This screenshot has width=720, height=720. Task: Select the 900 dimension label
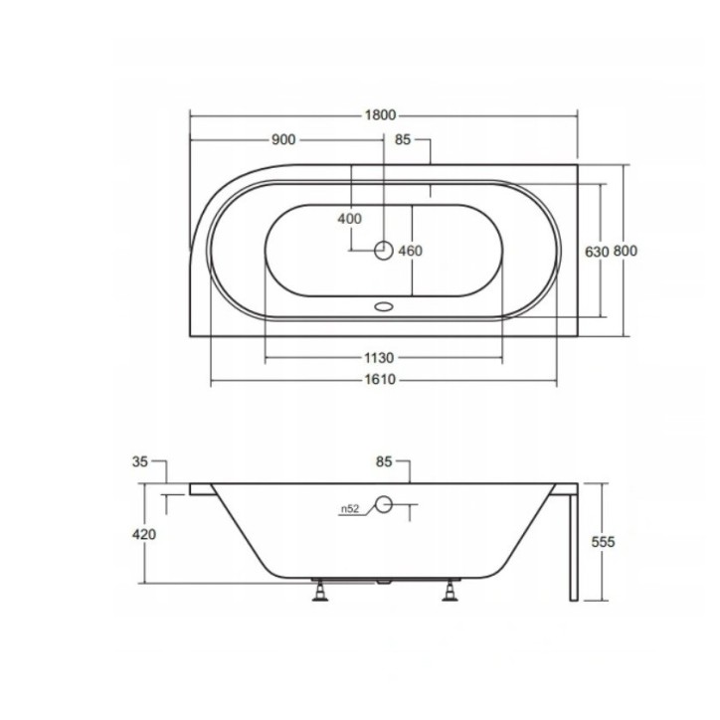point(284,140)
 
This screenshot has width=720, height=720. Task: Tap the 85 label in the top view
point(403,140)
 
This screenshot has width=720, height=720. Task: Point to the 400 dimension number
point(349,219)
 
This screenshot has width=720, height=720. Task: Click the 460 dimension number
point(410,251)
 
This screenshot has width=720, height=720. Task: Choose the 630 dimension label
point(596,252)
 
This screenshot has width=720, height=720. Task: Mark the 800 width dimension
point(625,252)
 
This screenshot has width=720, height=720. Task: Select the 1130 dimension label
point(382,357)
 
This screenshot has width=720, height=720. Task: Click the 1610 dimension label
point(382,379)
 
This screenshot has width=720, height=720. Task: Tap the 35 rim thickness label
point(139,460)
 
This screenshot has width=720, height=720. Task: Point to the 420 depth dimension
point(144,534)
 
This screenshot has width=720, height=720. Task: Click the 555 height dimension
point(604,542)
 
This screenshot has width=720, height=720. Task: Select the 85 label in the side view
point(386,461)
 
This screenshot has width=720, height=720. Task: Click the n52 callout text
point(349,509)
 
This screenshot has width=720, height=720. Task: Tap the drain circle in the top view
point(384,251)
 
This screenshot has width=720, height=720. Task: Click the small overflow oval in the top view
point(384,307)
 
